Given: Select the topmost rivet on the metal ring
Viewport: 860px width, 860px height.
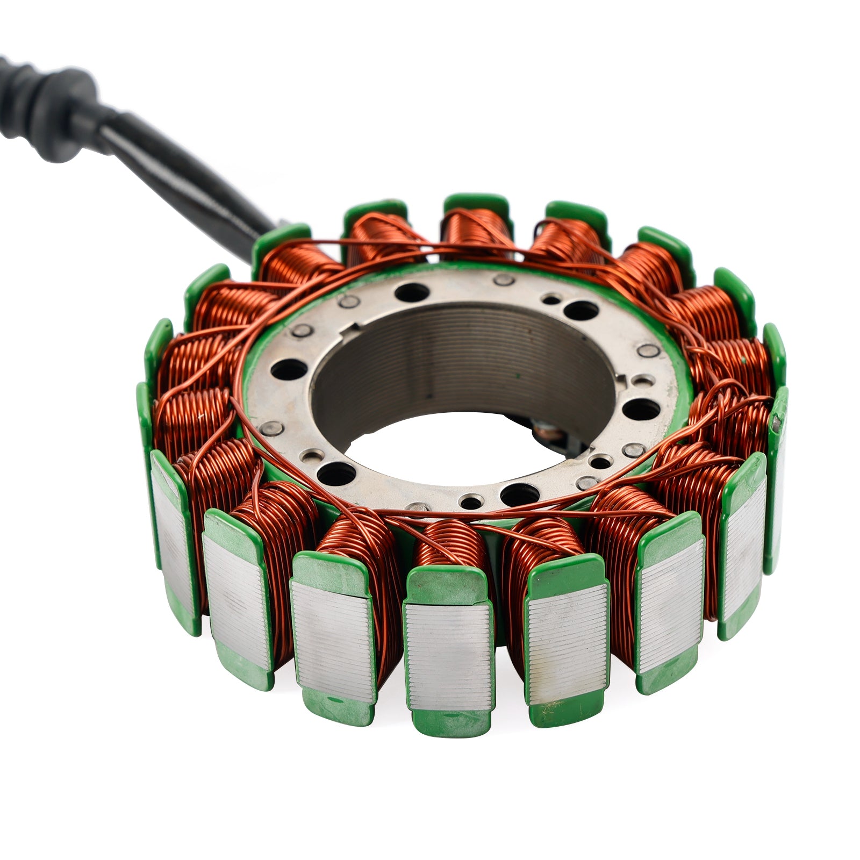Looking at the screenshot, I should click(x=504, y=279).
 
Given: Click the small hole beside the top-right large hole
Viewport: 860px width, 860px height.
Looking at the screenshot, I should click(x=551, y=299).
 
